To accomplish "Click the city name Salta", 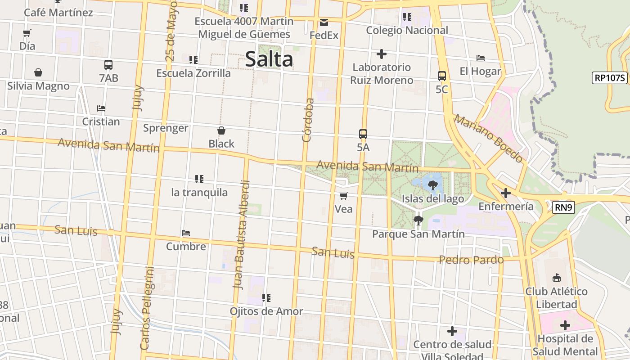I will (x=269, y=59).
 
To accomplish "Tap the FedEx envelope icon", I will (x=324, y=22).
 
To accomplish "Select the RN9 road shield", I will (x=563, y=207).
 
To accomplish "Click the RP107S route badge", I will (x=610, y=77).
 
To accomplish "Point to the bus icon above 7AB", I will (x=108, y=65).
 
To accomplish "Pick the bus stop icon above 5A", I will (x=363, y=134).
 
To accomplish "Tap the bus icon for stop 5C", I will (x=442, y=76).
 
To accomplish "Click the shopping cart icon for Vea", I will (x=344, y=196).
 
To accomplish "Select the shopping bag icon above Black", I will (x=221, y=130).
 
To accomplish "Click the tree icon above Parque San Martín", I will (x=418, y=220).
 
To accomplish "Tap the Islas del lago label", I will (x=432, y=198).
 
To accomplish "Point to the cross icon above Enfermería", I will (x=506, y=193).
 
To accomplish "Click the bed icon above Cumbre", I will (x=186, y=233).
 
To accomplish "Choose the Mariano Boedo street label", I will (x=489, y=138).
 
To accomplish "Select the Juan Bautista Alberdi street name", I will (x=242, y=234).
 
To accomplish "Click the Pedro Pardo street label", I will (x=471, y=260).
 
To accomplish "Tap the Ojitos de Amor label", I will (x=266, y=311).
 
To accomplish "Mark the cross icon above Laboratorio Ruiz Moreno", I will (x=382, y=54).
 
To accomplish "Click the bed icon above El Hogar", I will (x=481, y=58).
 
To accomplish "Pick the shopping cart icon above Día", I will (x=27, y=33).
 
